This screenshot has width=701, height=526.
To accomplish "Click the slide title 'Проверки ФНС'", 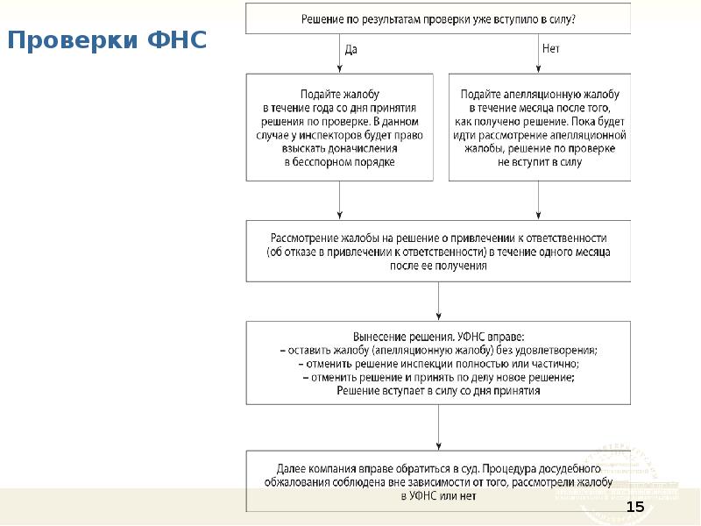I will (x=107, y=40).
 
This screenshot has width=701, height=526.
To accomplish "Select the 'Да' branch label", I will (x=350, y=50).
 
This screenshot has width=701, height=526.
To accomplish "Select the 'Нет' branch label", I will (x=550, y=50).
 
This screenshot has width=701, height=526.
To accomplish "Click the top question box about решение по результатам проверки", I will (x=438, y=18).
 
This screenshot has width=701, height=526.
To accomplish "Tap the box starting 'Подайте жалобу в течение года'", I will (x=340, y=127).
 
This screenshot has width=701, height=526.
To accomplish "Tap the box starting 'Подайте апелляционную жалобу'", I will (x=539, y=127).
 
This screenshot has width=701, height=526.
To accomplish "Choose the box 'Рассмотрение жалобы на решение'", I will (x=438, y=251).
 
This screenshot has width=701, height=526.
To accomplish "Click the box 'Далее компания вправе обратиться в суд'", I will (x=438, y=481).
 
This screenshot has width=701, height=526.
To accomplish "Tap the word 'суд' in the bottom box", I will (x=523, y=468).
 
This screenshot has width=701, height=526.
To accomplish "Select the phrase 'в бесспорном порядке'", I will (x=340, y=161).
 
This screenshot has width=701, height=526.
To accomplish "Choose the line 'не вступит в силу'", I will (x=539, y=161).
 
